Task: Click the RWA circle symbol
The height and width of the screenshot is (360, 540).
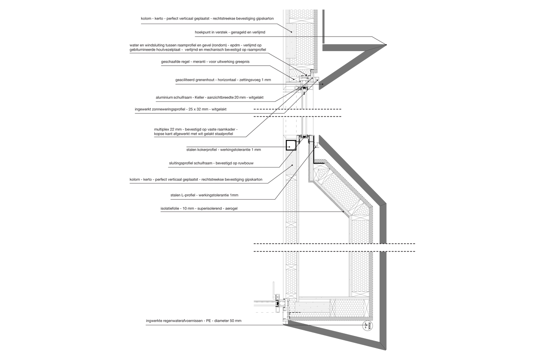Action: (368, 326)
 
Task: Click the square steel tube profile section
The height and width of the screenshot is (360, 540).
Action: (291, 145)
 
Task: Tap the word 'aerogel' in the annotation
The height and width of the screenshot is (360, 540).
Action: (231, 208)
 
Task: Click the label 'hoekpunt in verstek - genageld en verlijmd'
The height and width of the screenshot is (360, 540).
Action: (230, 32)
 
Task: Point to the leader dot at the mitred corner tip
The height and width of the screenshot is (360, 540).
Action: (386, 45)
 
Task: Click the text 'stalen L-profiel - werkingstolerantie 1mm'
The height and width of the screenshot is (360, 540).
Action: (204, 195)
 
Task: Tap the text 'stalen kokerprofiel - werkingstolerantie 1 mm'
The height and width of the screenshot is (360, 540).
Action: (224, 149)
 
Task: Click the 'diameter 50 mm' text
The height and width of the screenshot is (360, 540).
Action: (227, 321)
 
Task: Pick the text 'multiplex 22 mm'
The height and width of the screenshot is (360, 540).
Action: (168, 129)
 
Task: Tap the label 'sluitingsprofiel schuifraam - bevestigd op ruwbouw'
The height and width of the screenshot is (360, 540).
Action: (211, 163)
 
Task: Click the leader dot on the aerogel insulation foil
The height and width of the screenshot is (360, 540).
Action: (343, 212)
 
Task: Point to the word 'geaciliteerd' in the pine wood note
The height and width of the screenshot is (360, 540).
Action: (185, 80)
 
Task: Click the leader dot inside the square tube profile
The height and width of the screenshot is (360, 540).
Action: (289, 147)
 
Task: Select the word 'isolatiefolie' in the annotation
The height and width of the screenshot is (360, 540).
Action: (169, 208)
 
